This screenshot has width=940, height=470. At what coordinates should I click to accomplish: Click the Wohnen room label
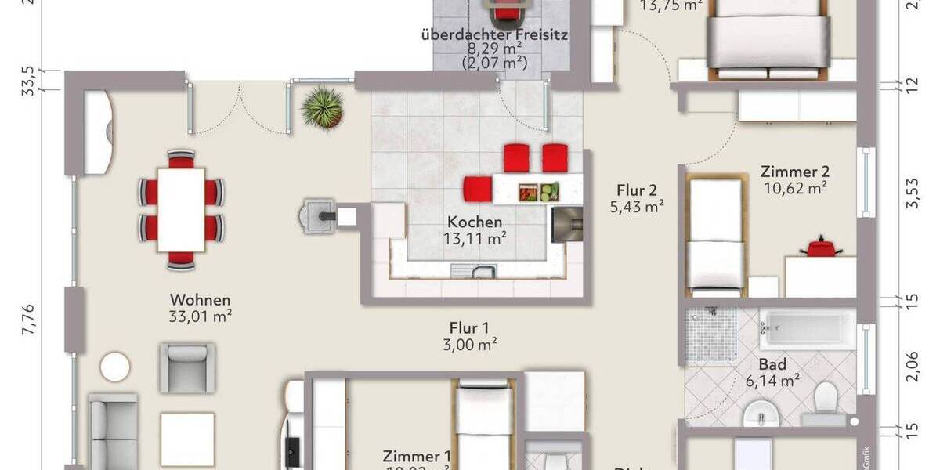pos(201,299)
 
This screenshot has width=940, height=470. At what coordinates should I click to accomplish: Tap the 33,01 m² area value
pos(201,316)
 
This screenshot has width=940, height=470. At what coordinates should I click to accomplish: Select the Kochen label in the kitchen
pos(475,222)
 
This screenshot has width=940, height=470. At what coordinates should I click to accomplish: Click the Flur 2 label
pos(637,190)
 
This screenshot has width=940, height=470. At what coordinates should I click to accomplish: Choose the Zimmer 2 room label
pos(795,172)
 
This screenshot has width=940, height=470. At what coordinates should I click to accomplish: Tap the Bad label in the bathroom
pos(772,364)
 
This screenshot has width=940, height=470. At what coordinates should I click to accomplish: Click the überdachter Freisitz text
pos(493,34)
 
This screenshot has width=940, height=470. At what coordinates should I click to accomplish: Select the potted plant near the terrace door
pos(323,107)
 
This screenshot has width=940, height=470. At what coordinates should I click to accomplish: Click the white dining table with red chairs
pos(181,209)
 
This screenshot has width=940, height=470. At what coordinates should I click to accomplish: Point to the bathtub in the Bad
pos(806,329)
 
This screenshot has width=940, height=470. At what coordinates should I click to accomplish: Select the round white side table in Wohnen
pos(116,367)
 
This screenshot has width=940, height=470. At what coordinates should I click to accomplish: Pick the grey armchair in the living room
pos(186,367)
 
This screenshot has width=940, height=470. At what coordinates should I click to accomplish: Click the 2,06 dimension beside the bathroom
pos(912,366)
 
